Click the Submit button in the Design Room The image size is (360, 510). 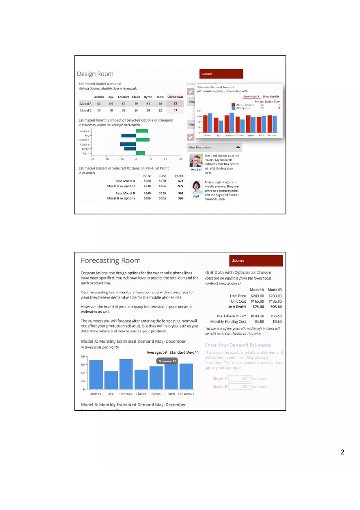click(221, 74)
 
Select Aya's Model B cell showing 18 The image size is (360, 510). click(111, 110)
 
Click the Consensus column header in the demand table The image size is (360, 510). click(175, 97)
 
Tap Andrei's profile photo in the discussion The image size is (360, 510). click(196, 160)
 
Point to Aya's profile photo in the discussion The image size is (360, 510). click(196, 187)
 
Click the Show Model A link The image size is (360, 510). click(251, 97)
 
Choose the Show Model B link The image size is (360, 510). click(271, 97)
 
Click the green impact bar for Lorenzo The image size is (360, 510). click(143, 140)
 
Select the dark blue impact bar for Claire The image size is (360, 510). click(128, 144)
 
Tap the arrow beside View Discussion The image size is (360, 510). click(238, 147)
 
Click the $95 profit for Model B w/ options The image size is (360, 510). click(180, 198)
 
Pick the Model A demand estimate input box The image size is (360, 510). click(240, 379)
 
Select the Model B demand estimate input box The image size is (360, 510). click(240, 386)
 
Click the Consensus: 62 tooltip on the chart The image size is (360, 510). click(167, 361)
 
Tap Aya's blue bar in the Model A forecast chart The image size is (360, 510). click(111, 380)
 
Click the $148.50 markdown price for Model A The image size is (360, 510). click(257, 316)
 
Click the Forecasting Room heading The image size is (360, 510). click(110, 261)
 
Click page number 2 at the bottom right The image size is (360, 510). click(342, 452)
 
